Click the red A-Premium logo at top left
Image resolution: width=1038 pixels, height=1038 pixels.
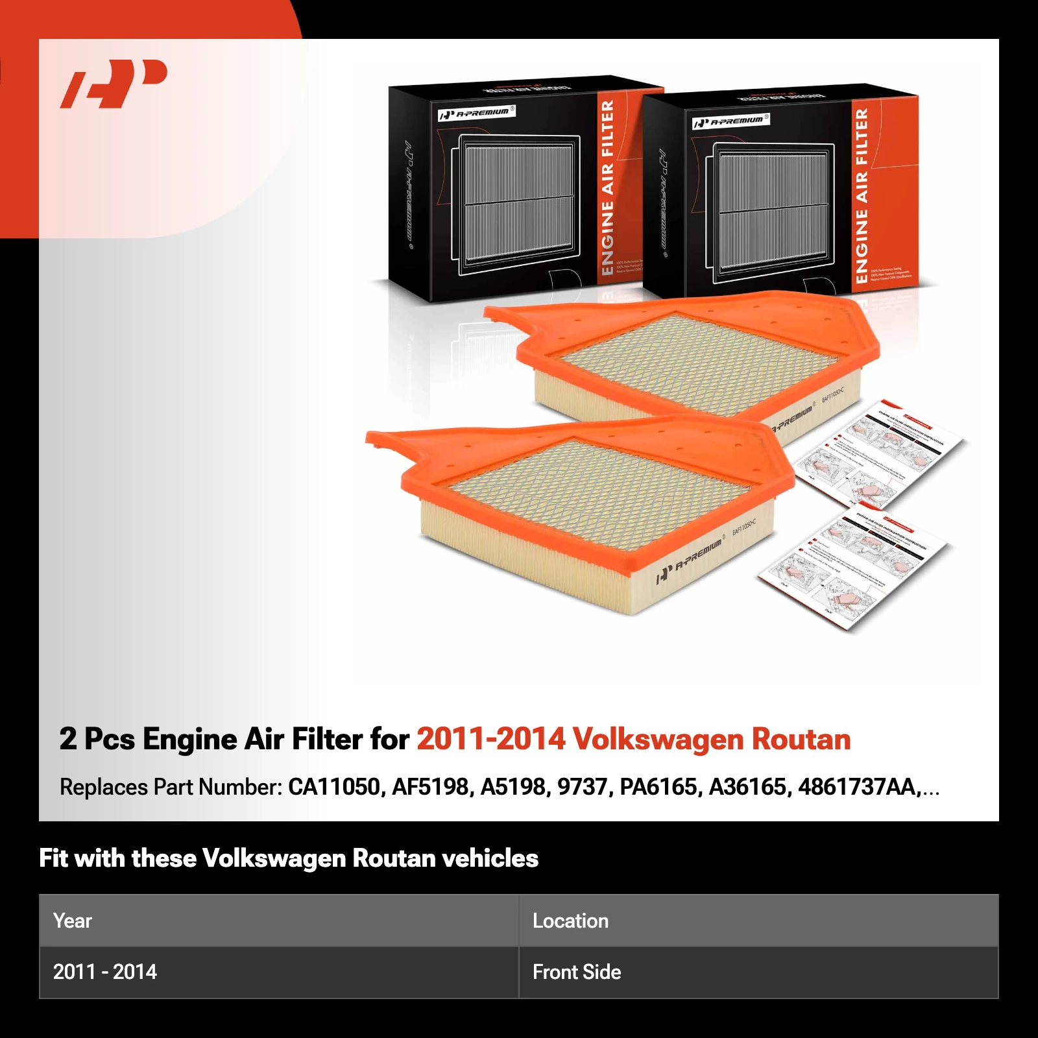pos(114,84)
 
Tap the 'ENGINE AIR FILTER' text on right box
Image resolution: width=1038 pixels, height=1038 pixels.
pos(862,195)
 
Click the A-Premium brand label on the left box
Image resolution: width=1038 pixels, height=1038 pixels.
pos(477,113)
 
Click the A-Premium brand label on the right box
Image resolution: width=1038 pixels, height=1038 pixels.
pos(730,121)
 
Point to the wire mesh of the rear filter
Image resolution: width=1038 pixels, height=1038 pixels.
pos(701,363)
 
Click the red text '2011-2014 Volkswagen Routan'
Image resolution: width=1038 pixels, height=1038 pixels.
pos(633,740)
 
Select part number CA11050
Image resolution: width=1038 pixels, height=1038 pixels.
pos(333,787)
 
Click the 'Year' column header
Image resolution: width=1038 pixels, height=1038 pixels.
pos(73,921)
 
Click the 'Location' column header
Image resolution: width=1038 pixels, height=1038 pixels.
pos(570,921)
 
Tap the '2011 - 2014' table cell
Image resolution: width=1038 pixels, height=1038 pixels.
pos(105,972)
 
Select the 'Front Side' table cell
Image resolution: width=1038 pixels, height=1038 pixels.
pos(577,972)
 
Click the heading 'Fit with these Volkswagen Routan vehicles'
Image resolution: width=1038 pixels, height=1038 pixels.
pos(289,858)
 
